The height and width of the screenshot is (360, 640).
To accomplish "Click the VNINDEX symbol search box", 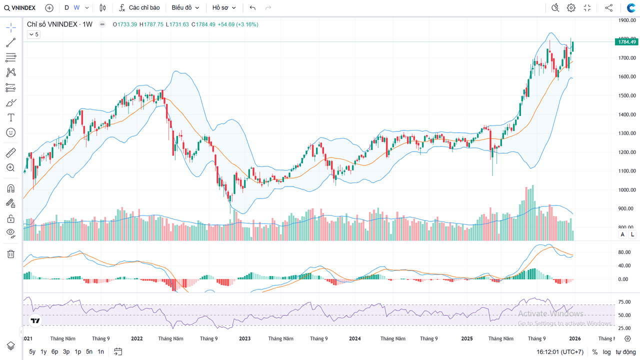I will pos(20,7).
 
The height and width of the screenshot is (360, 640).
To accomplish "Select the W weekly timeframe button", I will pos(76,7).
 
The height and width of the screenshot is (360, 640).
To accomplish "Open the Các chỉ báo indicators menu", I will pos(139,7).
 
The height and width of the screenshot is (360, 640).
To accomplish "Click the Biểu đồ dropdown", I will pos(185,7).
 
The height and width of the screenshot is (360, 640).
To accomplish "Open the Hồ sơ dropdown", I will pos(223,7).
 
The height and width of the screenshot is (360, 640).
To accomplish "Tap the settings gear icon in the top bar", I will pos(571,7).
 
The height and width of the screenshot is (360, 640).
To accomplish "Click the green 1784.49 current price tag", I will pos(626,42).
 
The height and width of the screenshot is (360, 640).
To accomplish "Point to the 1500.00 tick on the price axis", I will pos(626,95).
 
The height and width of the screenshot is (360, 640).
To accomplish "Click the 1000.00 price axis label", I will pos(626,190).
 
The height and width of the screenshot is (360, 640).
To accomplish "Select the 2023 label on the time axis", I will pos(245,338).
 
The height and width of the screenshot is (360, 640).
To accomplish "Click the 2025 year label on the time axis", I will pos(467,338).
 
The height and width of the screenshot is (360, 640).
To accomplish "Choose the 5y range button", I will pos(32,351).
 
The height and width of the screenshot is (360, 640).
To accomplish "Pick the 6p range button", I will pos(54,351).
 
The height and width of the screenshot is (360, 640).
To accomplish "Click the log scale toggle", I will pos(606,352).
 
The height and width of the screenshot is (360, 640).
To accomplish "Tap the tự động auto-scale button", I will pos(625,352).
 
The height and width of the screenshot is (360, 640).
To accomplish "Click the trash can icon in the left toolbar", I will pos(10,254).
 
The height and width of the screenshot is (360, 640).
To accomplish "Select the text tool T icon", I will pos(10,117).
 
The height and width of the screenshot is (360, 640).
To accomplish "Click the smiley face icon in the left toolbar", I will pos(10,132).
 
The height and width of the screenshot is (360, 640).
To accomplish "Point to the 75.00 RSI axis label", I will pos(624,302).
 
